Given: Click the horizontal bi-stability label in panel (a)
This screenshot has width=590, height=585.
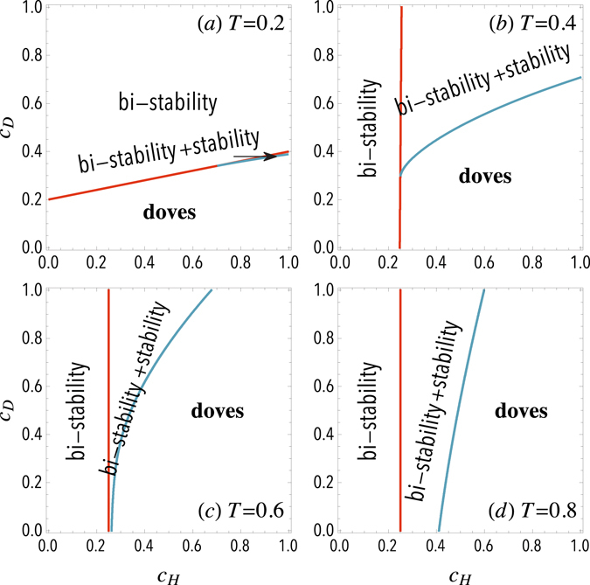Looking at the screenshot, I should pos(166,102).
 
